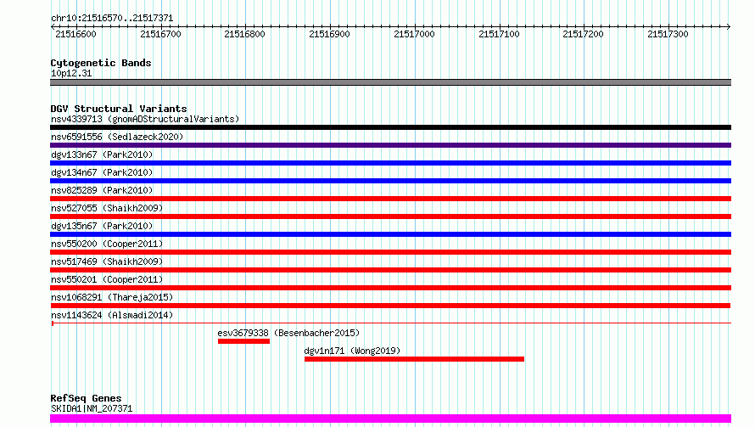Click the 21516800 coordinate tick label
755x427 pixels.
(245, 34)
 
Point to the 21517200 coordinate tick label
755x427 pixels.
(584, 34)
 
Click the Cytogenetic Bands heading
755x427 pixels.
(101, 63)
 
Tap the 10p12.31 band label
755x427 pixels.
(72, 74)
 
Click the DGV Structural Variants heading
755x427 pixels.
(119, 109)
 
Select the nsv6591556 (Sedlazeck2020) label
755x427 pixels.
(117, 137)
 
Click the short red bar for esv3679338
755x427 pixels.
(243, 341)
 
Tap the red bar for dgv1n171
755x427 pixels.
(414, 359)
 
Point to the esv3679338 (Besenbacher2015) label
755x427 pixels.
(288, 333)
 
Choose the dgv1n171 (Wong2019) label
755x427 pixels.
(352, 351)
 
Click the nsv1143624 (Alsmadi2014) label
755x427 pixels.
(112, 315)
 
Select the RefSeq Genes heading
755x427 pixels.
(86, 398)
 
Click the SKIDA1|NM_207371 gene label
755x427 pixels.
(92, 408)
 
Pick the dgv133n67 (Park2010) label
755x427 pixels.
(102, 155)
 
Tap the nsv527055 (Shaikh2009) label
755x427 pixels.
(107, 208)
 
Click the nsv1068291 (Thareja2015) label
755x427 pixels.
(112, 297)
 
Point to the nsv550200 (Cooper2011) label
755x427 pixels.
(107, 244)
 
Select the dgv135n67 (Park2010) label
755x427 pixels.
(102, 226)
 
